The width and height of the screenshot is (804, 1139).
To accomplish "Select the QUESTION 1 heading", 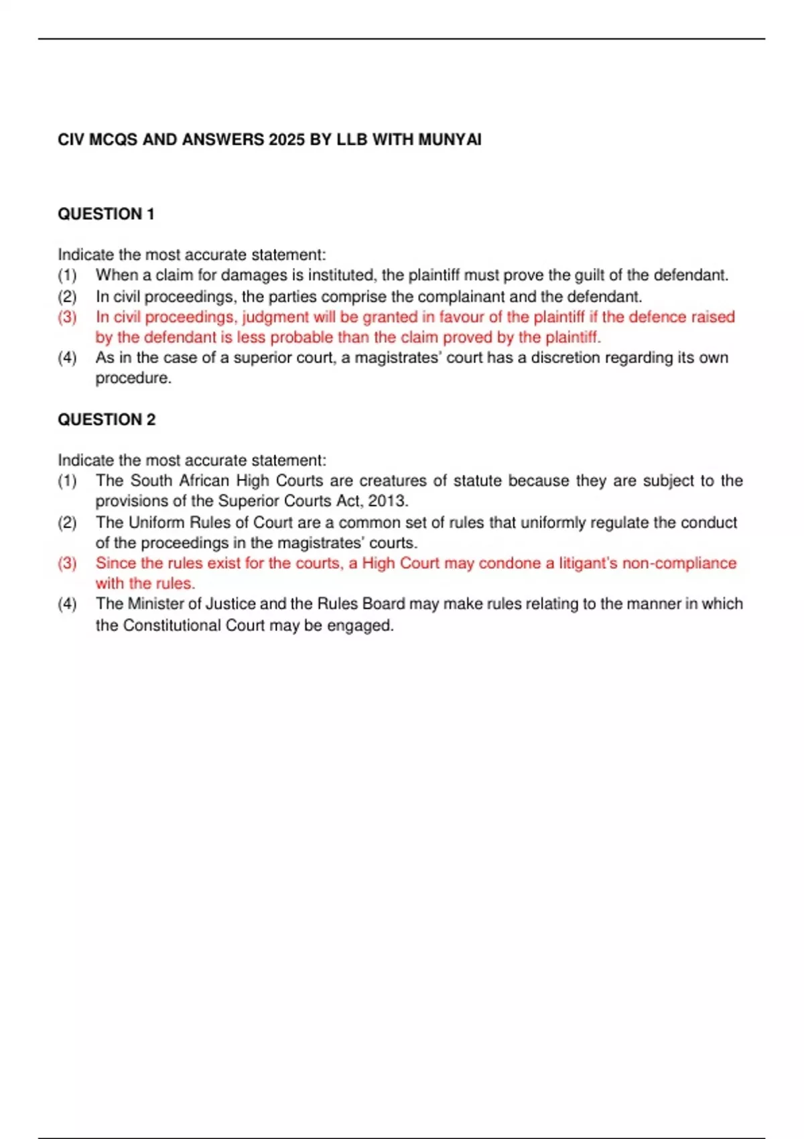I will (106, 214).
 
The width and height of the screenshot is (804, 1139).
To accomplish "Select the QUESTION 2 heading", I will (106, 420).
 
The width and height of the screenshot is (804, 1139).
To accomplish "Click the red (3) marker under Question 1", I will (67, 317).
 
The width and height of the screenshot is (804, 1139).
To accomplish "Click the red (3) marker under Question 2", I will (67, 563).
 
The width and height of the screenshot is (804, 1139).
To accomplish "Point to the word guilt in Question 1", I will (590, 275).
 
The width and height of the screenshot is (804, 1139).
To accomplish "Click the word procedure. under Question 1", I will (133, 379).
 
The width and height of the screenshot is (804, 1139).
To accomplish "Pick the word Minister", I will (157, 604).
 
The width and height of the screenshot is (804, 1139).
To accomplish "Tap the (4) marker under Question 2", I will (67, 604).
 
